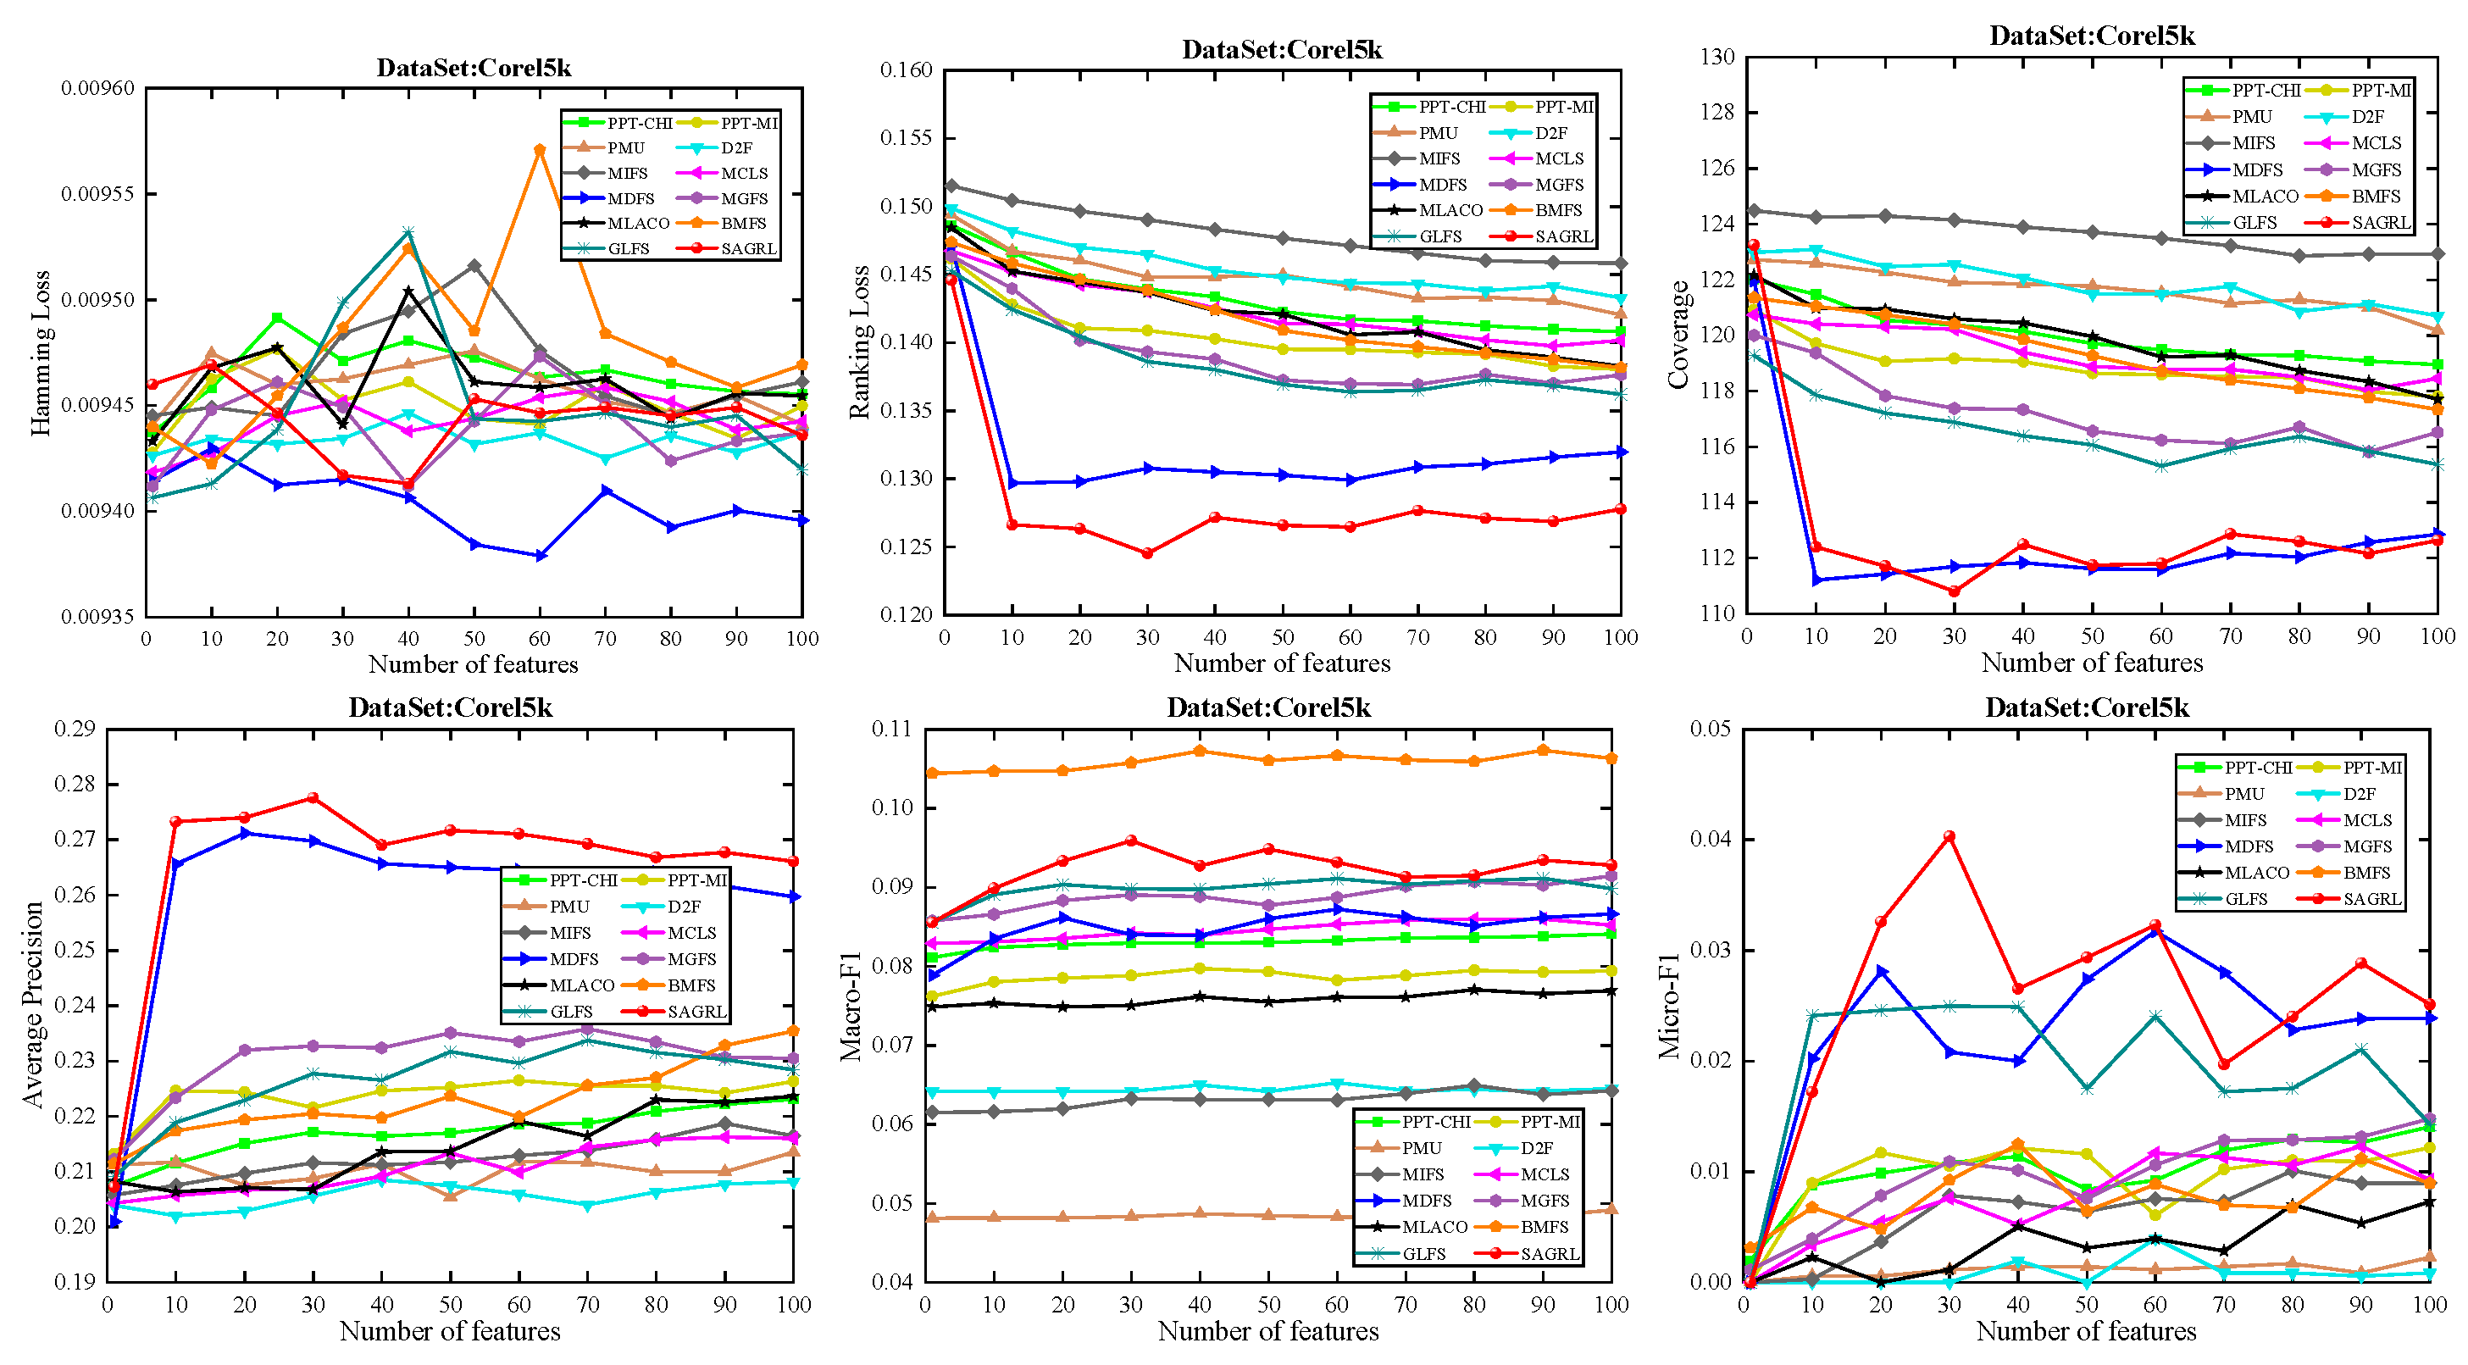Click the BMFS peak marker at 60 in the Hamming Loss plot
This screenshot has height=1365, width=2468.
(540, 149)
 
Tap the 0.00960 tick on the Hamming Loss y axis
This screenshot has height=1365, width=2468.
(97, 88)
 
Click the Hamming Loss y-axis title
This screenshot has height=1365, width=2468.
(40, 354)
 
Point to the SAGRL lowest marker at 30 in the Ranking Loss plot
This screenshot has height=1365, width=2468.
(1147, 552)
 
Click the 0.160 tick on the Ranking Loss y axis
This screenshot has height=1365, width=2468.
(906, 70)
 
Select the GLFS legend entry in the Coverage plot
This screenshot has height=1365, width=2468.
(2254, 222)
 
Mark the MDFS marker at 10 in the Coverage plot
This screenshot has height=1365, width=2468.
(1816, 580)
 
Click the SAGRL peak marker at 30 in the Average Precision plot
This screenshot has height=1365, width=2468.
(313, 798)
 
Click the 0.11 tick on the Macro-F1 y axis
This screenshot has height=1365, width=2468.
(891, 729)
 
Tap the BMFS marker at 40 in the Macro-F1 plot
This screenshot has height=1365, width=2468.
(1200, 751)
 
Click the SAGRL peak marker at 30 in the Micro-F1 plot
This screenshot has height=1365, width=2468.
(1949, 836)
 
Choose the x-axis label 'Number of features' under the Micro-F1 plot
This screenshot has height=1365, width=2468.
(2086, 1331)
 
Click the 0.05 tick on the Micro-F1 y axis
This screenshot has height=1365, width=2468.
(1711, 729)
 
